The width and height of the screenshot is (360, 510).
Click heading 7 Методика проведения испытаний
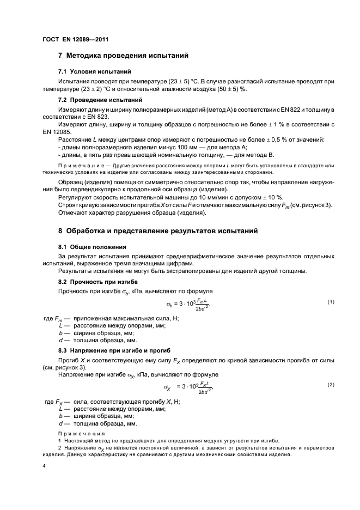(x=123, y=55)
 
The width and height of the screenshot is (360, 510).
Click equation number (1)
(x=330, y=302)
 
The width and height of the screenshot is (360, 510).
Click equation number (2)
(x=330, y=385)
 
